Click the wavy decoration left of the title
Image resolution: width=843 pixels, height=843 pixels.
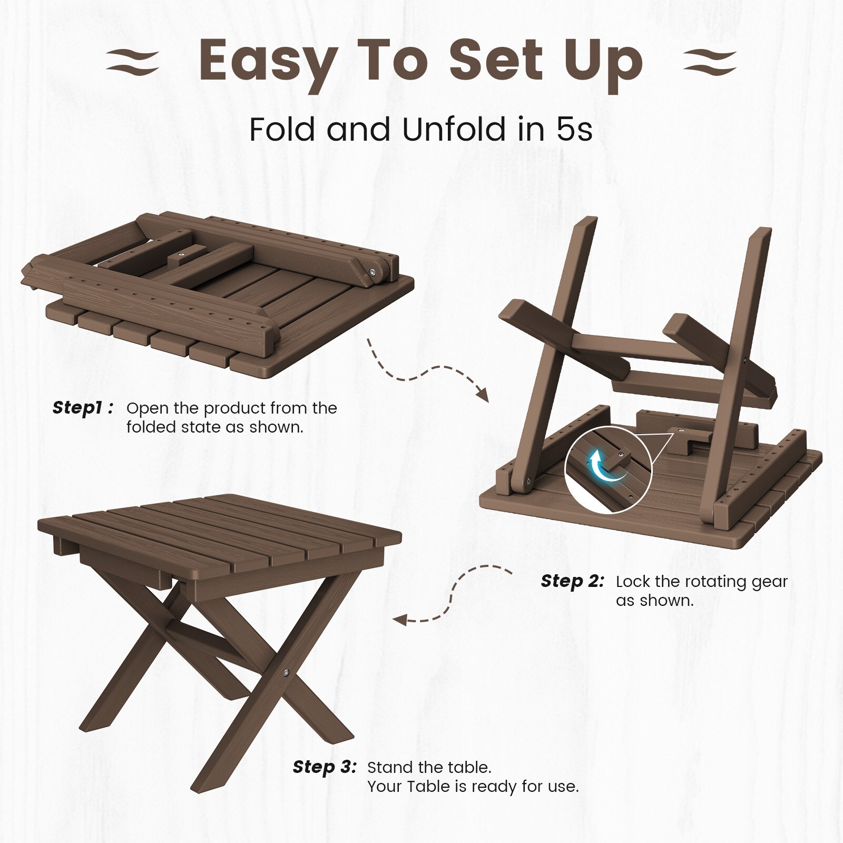[x=132, y=63]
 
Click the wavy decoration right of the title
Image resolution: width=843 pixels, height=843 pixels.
[x=710, y=63]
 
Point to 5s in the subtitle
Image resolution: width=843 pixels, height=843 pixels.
[x=575, y=130]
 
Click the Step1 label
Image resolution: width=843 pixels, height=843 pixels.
[x=83, y=408]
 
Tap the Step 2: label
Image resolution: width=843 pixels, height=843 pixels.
[x=573, y=581]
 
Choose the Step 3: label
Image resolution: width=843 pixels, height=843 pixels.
[x=325, y=767]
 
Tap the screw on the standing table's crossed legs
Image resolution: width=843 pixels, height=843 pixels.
[x=286, y=673]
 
